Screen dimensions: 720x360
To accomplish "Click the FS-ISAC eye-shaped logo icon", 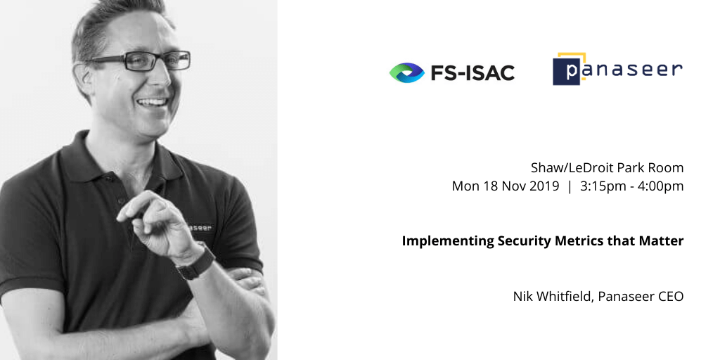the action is (407, 72).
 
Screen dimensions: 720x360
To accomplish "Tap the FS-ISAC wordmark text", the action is (472, 72).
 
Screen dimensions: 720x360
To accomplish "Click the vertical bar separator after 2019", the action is (570, 186).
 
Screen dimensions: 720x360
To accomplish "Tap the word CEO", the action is (670, 297).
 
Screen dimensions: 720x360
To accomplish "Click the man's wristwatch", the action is (196, 263).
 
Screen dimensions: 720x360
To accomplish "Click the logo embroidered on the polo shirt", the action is (200, 227).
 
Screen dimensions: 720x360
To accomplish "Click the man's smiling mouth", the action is (152, 102).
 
